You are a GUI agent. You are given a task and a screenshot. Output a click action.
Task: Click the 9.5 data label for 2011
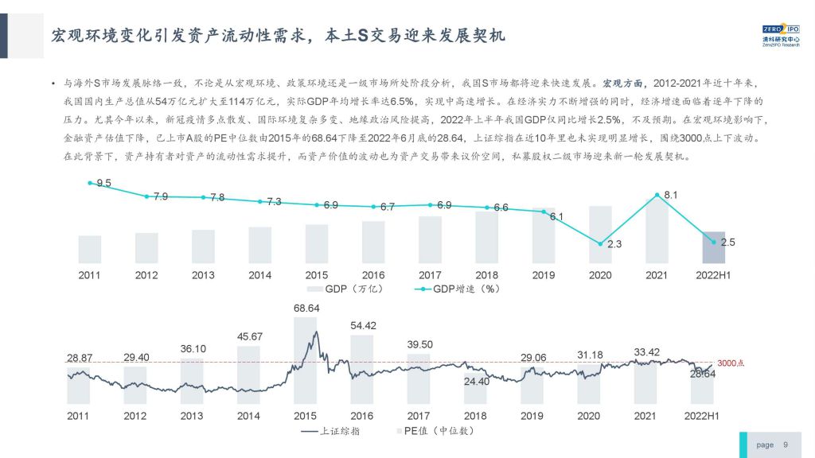click(103, 184)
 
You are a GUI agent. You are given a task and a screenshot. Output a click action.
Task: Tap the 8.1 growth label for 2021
click(670, 194)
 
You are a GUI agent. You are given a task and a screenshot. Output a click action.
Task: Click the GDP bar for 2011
click(89, 249)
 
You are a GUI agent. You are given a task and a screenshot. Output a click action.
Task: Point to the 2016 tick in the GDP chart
click(373, 275)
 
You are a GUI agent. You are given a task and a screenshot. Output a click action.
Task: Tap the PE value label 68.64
click(306, 308)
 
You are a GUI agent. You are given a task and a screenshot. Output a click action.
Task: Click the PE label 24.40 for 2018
click(476, 381)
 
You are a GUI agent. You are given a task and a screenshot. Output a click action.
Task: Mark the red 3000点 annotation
click(730, 363)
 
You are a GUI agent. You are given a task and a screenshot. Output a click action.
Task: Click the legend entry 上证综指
click(328, 431)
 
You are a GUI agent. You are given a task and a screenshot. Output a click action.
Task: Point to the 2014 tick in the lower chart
click(248, 416)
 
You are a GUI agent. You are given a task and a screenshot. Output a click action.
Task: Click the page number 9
click(786, 445)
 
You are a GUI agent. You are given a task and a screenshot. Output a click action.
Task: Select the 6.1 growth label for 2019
click(556, 216)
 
